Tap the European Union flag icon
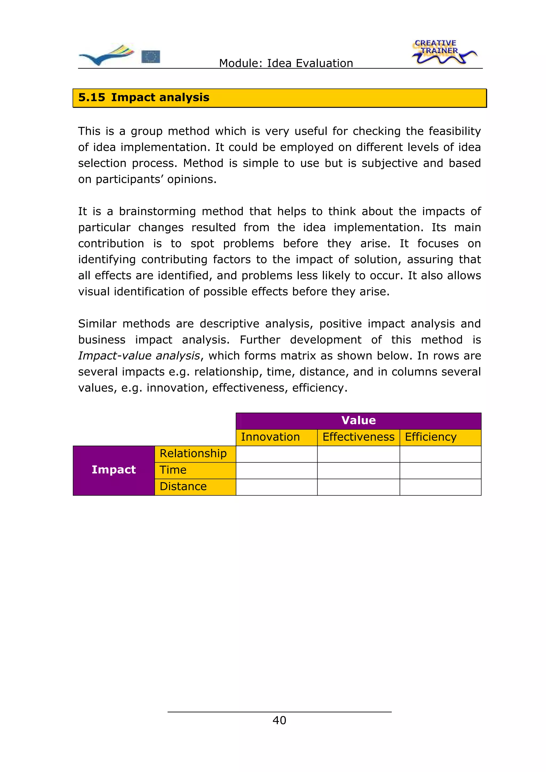tap(150, 56)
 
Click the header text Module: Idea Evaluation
tap(286, 63)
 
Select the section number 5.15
tap(91, 97)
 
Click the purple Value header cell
tap(358, 421)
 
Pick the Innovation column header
tap(276, 437)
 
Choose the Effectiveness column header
tap(358, 437)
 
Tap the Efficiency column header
tap(440, 437)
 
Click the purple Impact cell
tap(114, 470)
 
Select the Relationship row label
tap(195, 454)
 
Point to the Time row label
tap(195, 470)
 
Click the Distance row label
tap(195, 486)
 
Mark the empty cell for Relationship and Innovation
tap(276, 454)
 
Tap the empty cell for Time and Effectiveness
tap(358, 470)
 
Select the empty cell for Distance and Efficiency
tap(440, 487)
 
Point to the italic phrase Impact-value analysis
tap(139, 356)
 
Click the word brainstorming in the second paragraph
tap(157, 212)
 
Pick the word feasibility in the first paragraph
tap(455, 131)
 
